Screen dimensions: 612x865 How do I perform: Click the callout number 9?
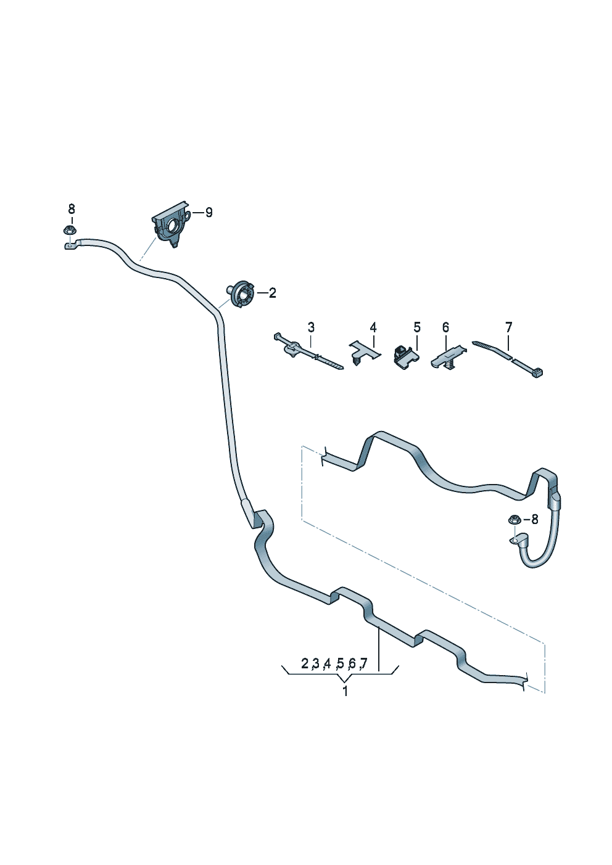[209, 212]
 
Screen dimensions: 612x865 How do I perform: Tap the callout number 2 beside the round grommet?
[273, 293]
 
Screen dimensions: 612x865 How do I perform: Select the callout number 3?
[311, 327]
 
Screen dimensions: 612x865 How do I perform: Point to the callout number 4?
[373, 327]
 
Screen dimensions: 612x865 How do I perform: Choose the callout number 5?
[417, 327]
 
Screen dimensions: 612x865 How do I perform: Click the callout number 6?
[445, 327]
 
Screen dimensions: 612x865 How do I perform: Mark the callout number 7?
[508, 327]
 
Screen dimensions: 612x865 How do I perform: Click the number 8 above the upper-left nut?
[72, 209]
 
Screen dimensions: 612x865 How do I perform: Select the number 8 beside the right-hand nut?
[534, 520]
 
